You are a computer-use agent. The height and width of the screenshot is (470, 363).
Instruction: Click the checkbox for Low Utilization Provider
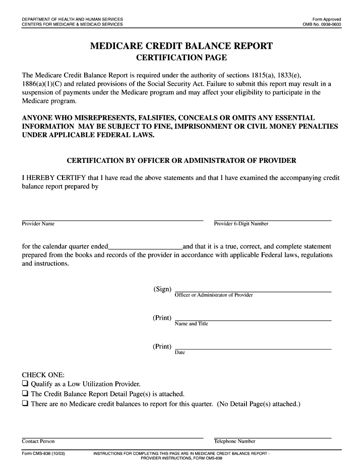[x=25, y=384]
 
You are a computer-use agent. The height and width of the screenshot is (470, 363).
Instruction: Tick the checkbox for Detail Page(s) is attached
[x=25, y=394]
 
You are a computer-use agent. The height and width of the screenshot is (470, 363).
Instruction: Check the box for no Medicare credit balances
[x=25, y=404]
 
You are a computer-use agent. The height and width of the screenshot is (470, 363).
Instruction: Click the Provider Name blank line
[x=112, y=219]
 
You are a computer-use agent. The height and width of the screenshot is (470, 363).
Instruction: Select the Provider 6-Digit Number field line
[x=272, y=219]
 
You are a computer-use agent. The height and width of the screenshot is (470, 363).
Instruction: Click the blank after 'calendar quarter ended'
[x=145, y=247]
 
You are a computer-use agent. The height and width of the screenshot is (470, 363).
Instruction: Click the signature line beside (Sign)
[x=253, y=291]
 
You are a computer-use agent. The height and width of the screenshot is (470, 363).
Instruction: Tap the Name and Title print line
[x=253, y=320]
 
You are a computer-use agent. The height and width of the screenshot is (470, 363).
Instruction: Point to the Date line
[x=253, y=348]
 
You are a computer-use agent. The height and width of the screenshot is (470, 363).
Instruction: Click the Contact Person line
[x=112, y=437]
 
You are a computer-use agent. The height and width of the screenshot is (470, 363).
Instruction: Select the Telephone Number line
[x=272, y=437]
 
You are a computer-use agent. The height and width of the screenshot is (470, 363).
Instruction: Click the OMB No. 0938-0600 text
[x=322, y=24]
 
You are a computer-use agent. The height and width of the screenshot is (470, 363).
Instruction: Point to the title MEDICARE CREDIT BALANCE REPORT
[x=181, y=46]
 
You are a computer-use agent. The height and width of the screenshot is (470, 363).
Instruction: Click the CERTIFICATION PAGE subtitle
[x=181, y=57]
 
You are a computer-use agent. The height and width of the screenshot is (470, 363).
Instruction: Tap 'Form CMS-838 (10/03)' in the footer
[x=43, y=454]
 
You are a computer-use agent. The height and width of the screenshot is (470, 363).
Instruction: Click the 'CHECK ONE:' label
[x=43, y=375]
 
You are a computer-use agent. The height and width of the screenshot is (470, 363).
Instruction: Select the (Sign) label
[x=162, y=289]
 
